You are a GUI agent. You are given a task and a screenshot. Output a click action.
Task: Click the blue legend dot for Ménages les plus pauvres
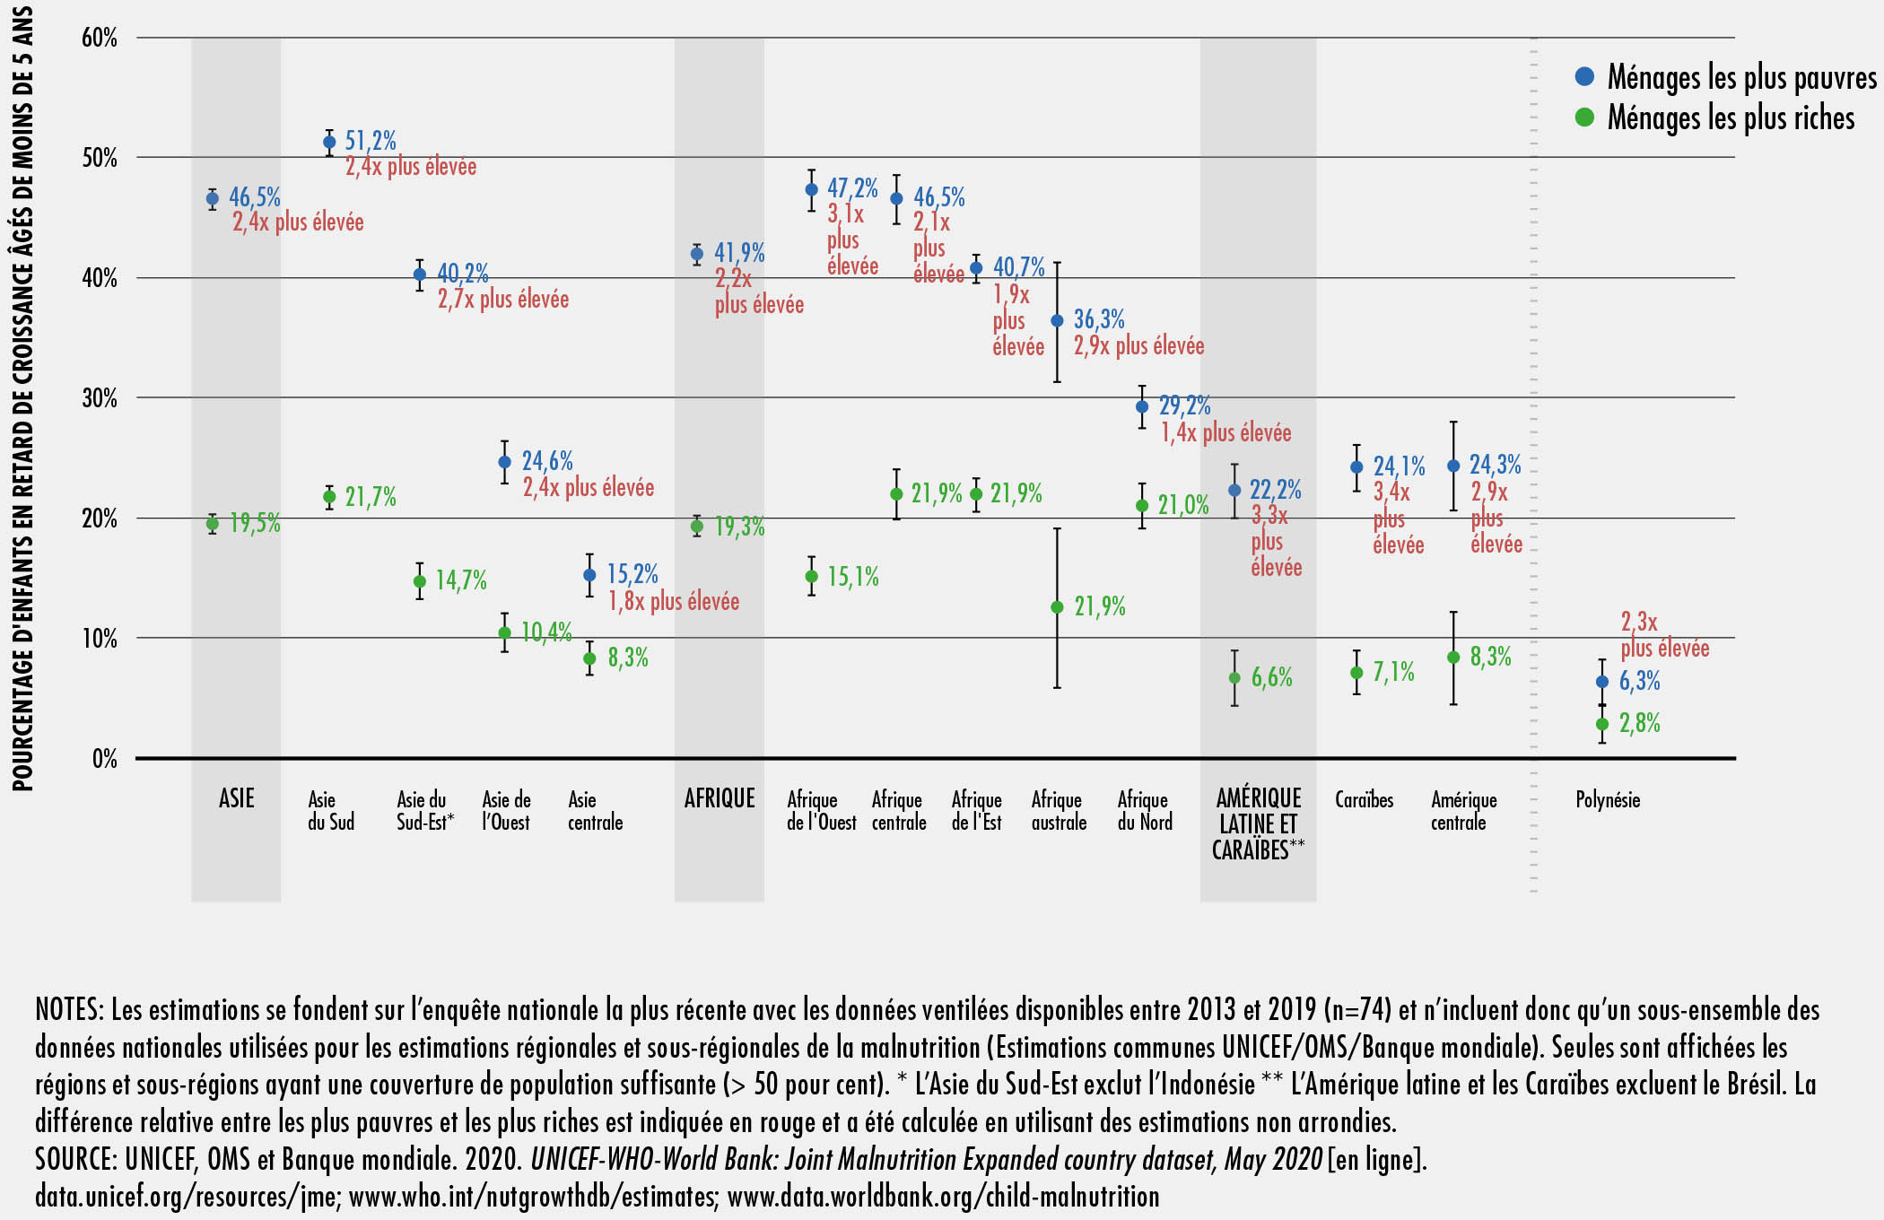pyautogui.click(x=1584, y=77)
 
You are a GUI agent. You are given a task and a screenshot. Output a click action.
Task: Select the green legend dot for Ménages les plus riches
pyautogui.click(x=1584, y=118)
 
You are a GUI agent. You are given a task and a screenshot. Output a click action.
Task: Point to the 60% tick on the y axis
pyautogui.click(x=100, y=38)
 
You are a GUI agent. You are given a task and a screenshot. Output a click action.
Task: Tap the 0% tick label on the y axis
pyautogui.click(x=104, y=759)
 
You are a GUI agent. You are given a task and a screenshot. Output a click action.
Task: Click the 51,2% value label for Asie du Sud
pyautogui.click(x=371, y=141)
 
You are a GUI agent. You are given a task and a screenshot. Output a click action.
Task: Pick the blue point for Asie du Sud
pyautogui.click(x=329, y=142)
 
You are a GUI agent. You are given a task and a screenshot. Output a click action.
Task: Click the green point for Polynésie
pyautogui.click(x=1602, y=724)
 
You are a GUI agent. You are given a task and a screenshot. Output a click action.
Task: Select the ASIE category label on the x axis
pyautogui.click(x=236, y=798)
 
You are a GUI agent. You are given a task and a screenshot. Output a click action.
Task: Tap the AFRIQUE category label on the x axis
pyautogui.click(x=720, y=798)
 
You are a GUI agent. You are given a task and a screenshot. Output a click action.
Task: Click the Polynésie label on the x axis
pyautogui.click(x=1608, y=799)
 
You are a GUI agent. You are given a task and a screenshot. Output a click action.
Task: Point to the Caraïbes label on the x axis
pyautogui.click(x=1364, y=799)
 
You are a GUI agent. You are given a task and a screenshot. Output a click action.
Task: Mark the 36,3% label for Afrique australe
pyautogui.click(x=1099, y=319)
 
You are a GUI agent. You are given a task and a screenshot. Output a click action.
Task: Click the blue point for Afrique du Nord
pyautogui.click(x=1142, y=406)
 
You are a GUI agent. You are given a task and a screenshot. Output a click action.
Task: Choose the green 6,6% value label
pyautogui.click(x=1272, y=677)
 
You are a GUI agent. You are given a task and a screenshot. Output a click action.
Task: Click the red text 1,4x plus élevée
pyautogui.click(x=1225, y=432)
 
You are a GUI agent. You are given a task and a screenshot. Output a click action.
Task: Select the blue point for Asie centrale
pyautogui.click(x=589, y=575)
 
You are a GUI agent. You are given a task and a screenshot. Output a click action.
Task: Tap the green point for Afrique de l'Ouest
pyautogui.click(x=811, y=576)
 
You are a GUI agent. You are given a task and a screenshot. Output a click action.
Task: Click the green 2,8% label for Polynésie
pyautogui.click(x=1639, y=723)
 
